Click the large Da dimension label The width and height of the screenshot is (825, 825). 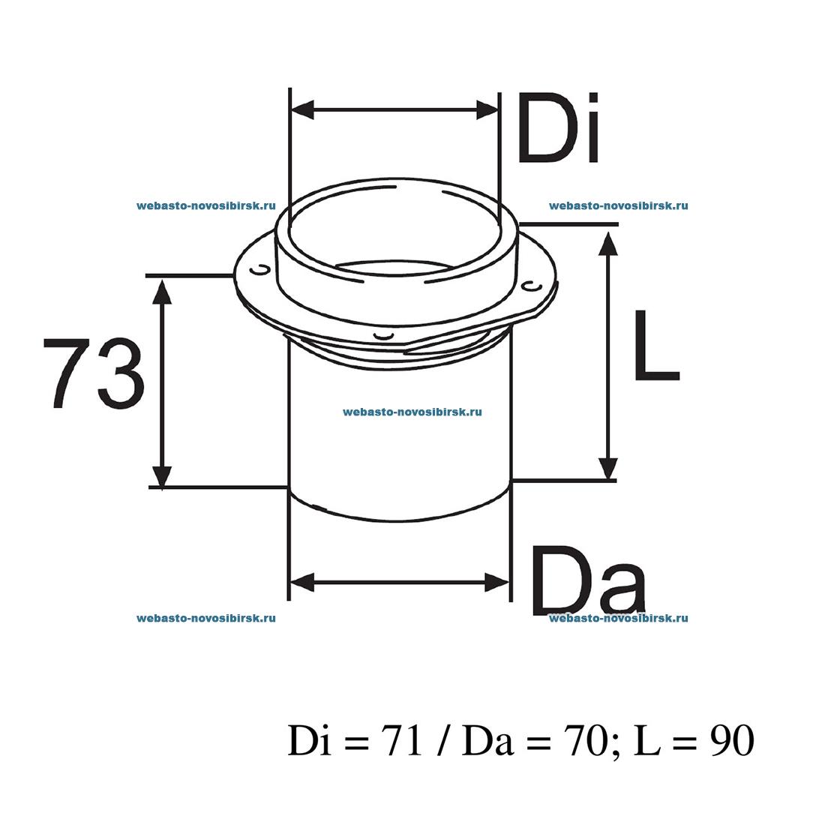click(x=588, y=580)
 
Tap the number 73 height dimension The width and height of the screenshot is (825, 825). click(x=93, y=373)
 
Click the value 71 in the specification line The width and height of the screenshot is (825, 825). click(x=404, y=742)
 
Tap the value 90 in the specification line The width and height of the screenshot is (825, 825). click(x=731, y=742)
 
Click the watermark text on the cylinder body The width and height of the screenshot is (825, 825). click(x=412, y=412)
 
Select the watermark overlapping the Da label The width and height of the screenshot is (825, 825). click(x=618, y=618)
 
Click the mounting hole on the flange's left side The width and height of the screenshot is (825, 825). click(x=259, y=268)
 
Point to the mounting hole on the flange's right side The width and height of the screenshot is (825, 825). click(x=530, y=286)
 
